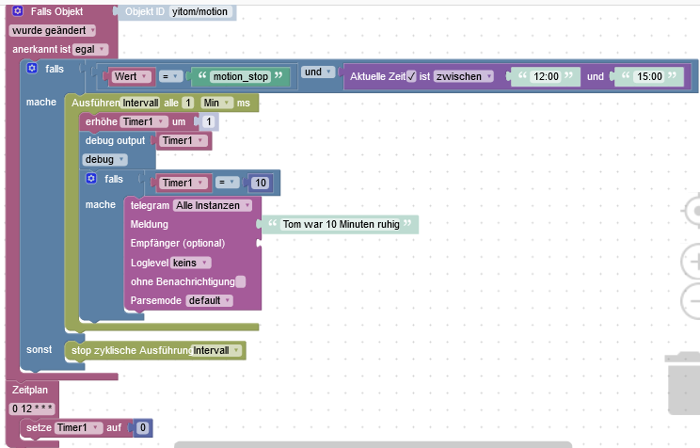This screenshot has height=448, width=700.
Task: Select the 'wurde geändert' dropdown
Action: (x=53, y=31)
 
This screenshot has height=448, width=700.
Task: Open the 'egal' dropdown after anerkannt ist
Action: (x=90, y=49)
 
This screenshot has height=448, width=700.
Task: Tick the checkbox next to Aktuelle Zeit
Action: (x=411, y=76)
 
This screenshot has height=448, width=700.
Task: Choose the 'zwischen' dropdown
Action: (x=463, y=76)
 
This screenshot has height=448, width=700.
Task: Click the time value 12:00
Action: (x=546, y=76)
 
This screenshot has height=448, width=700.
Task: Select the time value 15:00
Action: (x=649, y=76)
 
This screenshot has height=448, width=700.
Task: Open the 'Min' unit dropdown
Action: (x=215, y=103)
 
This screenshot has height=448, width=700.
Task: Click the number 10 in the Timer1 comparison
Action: (x=261, y=183)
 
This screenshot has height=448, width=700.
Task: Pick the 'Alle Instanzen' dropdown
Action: (x=213, y=205)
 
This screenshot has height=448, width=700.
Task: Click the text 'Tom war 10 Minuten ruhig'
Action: (x=341, y=225)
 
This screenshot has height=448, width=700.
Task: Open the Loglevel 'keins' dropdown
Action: (x=191, y=263)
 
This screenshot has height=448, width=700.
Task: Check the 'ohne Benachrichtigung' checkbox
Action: (x=241, y=281)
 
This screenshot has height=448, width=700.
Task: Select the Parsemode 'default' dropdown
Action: (x=208, y=300)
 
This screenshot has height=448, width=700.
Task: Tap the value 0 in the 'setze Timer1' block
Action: (x=142, y=428)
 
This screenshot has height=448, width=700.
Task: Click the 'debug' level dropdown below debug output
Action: (x=104, y=159)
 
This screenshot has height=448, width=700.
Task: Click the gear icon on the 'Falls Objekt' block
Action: (x=18, y=12)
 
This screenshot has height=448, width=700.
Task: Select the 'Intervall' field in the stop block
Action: (x=215, y=350)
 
